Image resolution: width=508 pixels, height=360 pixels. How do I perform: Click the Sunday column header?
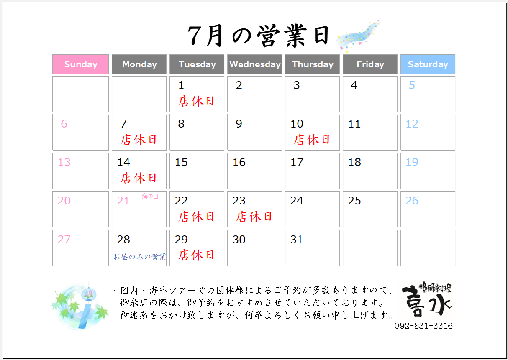pyautogui.click(x=80, y=64)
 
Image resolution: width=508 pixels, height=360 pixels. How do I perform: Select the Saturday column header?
pyautogui.click(x=428, y=64)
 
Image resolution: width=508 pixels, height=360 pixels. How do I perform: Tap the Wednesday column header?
pyautogui.click(x=254, y=64)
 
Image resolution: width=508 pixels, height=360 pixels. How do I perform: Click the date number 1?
pyautogui.click(x=181, y=85)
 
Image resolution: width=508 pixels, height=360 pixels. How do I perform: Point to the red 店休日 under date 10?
pyautogui.click(x=312, y=140)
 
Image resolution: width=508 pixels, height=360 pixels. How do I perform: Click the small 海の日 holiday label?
pyautogui.click(x=150, y=196)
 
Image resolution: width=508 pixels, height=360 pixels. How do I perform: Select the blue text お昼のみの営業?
pyautogui.click(x=140, y=257)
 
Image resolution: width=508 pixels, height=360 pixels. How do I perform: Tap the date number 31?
pyautogui.click(x=296, y=240)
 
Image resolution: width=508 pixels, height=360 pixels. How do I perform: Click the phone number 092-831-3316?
pyautogui.click(x=423, y=326)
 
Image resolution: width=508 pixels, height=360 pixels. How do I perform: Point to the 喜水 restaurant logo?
pyautogui.click(x=427, y=299)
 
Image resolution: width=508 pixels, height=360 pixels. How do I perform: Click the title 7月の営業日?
pyautogui.click(x=258, y=36)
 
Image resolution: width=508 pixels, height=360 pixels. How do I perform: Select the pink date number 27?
pyautogui.click(x=64, y=240)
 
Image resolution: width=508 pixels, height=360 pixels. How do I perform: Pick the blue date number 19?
pyautogui.click(x=412, y=162)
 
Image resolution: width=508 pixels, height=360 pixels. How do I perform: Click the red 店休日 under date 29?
pyautogui.click(x=196, y=255)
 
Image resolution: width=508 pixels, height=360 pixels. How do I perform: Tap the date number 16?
pyautogui.click(x=239, y=162)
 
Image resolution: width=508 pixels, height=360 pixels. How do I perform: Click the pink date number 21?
pyautogui.click(x=123, y=201)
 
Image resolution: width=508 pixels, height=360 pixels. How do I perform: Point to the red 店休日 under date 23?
pyautogui.click(x=254, y=217)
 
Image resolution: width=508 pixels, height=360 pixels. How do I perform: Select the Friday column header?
pyautogui.click(x=370, y=64)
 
